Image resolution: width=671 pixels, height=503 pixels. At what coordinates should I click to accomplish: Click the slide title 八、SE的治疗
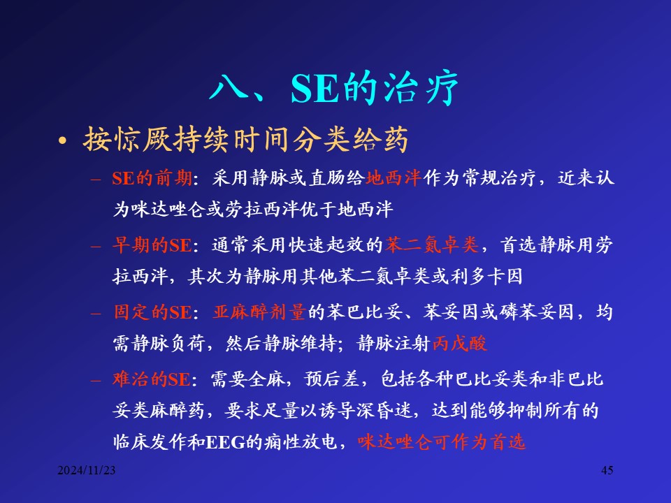334,89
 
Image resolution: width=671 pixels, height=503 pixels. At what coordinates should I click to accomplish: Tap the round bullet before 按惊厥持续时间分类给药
63,140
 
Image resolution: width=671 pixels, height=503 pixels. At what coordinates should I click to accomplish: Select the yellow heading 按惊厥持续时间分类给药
245,140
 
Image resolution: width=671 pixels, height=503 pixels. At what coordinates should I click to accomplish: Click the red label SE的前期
152,178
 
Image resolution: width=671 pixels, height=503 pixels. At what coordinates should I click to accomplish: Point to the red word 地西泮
394,178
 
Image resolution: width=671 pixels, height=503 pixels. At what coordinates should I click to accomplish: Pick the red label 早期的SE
152,245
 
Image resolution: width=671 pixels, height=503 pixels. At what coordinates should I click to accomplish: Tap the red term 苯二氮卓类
432,245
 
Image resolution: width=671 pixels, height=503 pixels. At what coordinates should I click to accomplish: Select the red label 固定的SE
153,312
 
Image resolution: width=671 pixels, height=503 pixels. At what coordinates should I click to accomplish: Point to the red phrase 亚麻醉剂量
259,312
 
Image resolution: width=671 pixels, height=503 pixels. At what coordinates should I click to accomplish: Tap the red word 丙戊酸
460,343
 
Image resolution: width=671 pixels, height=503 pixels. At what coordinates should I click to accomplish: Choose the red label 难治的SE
152,379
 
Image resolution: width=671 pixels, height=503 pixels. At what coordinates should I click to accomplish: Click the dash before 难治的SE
96,380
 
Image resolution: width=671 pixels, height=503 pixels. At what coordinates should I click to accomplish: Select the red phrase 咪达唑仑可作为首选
441,442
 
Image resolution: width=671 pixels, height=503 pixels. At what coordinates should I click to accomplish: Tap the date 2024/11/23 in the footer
87,470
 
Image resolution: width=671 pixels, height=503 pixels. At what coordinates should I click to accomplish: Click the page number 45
607,470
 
